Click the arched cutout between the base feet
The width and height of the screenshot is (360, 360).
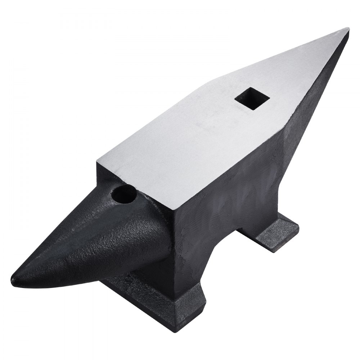click(x=230, y=248)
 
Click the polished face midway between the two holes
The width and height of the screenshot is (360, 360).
click(x=187, y=144)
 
